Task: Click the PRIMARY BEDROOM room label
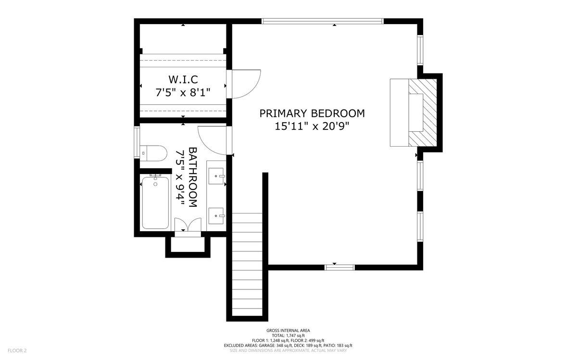[312, 113]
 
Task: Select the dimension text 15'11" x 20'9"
[312, 126]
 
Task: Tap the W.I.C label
[183, 79]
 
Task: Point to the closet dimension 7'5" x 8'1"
[183, 92]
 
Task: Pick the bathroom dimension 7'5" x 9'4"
[180, 177]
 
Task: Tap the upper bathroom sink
[217, 176]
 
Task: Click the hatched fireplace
[423, 113]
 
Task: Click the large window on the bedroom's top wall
[322, 21]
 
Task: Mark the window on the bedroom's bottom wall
[339, 267]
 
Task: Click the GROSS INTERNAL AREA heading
[288, 330]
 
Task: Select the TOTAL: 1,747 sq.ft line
[288, 335]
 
